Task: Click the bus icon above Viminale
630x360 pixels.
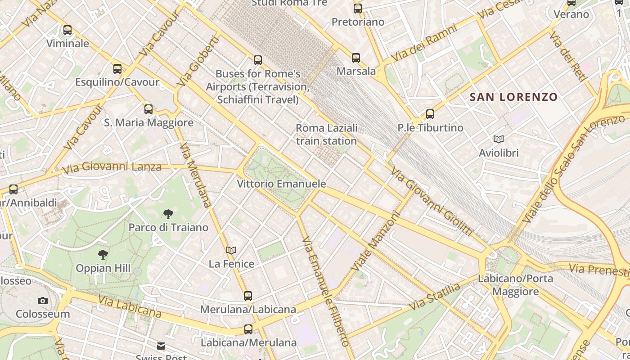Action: (x=67, y=30)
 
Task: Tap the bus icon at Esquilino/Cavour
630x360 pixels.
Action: (x=117, y=69)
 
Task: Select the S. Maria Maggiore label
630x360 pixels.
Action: (x=149, y=122)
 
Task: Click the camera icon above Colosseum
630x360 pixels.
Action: (x=43, y=301)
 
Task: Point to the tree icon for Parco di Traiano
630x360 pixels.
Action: (x=168, y=214)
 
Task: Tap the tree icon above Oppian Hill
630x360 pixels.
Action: (x=103, y=255)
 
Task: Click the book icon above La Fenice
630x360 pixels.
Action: (x=231, y=250)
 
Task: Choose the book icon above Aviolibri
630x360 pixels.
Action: (x=499, y=139)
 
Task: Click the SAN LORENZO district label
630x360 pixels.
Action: (x=513, y=97)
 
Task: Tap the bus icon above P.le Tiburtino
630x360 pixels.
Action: (x=430, y=114)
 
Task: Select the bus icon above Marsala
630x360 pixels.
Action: (x=356, y=58)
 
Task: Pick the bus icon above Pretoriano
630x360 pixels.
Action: (x=358, y=8)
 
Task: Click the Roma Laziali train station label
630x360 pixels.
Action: (x=326, y=134)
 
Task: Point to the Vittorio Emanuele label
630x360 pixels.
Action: (x=281, y=184)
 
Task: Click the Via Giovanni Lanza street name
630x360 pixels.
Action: (x=112, y=168)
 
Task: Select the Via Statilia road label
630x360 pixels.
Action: (x=435, y=297)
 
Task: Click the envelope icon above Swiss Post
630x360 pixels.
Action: (x=161, y=346)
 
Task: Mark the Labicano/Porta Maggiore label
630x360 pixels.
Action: (x=515, y=285)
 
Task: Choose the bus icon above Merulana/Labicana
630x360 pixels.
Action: (x=248, y=296)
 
